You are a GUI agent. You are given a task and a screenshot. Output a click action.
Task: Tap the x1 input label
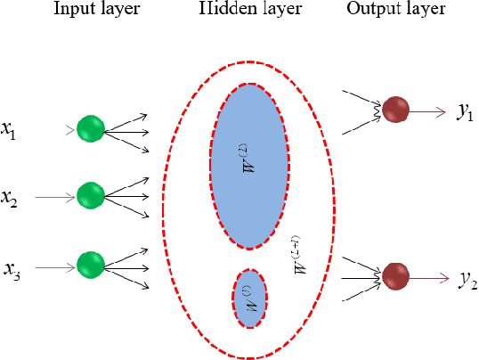point(8,133)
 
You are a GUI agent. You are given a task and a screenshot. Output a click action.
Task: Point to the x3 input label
point(12,267)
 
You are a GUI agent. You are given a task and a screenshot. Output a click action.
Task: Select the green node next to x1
point(90,129)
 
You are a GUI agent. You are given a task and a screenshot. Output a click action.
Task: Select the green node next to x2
point(90,195)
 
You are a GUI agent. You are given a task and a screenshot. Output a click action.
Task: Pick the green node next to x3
point(90,264)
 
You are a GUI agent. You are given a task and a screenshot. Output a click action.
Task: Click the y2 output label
point(468,281)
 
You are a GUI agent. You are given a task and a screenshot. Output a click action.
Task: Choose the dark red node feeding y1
point(394,109)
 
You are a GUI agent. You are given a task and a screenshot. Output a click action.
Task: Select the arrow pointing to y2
point(432,276)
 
